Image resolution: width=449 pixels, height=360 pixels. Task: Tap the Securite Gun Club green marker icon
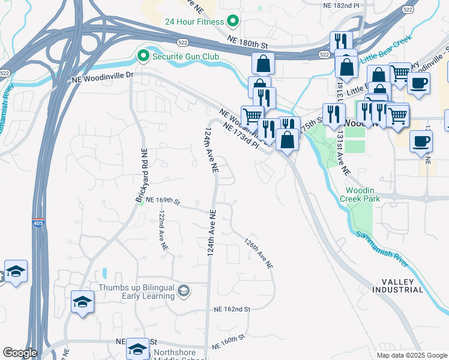[143, 57]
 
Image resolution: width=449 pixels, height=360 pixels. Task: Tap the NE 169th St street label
[163, 200]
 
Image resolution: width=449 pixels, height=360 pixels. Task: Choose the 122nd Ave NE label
[163, 233]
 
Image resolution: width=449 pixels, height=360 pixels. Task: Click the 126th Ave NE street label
[259, 253]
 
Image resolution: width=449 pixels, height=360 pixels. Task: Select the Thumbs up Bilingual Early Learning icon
[184, 292]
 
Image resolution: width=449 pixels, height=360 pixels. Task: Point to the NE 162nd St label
[232, 309]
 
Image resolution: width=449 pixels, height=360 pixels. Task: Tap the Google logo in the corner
[19, 353]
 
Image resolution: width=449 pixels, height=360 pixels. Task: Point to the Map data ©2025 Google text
[411, 355]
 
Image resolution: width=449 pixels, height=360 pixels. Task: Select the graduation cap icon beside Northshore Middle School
[137, 349]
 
